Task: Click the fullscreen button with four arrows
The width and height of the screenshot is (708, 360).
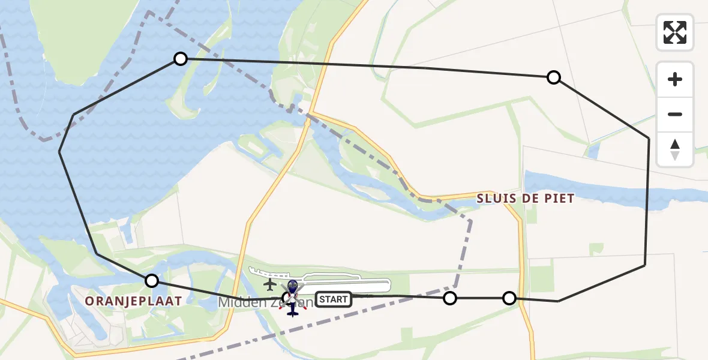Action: pos(675,32)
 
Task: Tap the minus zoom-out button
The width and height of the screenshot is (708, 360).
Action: pos(675,114)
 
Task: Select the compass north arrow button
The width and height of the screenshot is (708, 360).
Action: pos(675,149)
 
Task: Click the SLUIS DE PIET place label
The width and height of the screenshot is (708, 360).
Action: pos(526,199)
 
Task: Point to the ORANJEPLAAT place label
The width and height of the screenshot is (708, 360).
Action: pos(133,301)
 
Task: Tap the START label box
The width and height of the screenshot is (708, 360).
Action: pos(333,299)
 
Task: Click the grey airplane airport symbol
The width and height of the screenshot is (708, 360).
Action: pos(270,284)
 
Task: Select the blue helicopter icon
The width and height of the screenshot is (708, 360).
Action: pos(292,297)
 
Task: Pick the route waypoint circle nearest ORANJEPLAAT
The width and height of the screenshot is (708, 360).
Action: pos(152,281)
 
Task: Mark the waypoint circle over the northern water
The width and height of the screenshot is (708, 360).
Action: pos(181,58)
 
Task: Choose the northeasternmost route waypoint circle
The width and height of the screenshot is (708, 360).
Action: pos(554,77)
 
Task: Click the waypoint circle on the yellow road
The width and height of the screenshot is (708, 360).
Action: pos(509,298)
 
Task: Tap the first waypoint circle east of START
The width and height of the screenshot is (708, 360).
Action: pos(449,298)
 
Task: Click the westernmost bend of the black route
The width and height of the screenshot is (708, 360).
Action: pos(59,152)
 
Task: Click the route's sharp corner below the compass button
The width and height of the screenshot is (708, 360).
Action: pos(649,138)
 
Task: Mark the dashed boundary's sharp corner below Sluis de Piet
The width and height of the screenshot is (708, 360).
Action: pos(471,220)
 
